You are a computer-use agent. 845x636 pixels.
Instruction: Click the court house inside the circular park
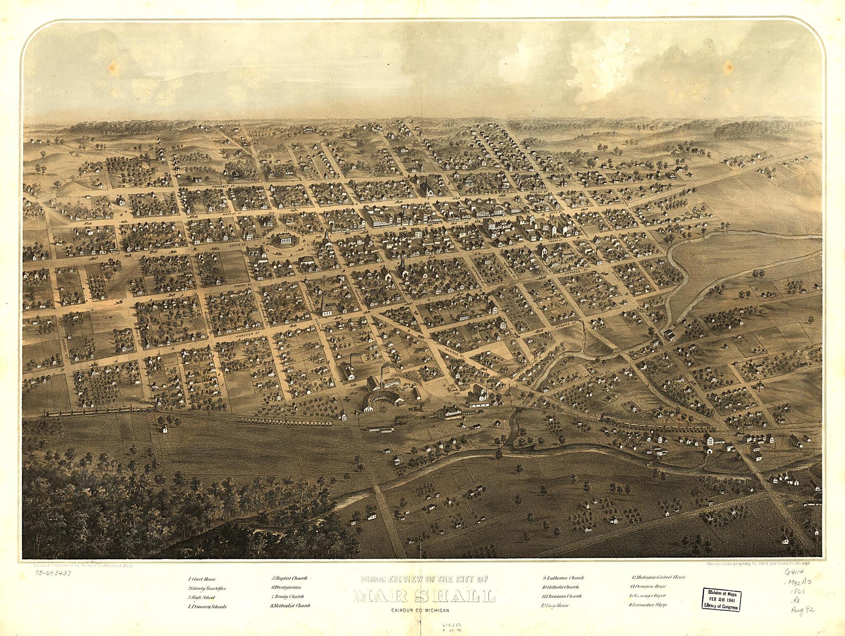tap(283, 239)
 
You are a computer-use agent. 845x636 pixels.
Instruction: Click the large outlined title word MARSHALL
tap(425, 596)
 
